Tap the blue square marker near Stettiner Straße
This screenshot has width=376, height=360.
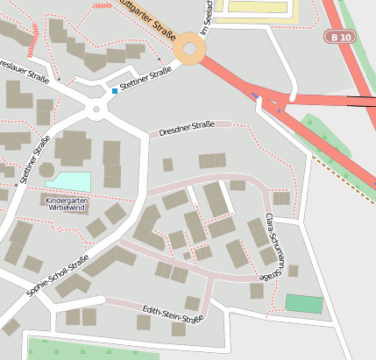click(x=114, y=91)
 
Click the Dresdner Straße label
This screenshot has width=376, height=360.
click(x=187, y=129)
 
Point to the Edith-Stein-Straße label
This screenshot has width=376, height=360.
click(x=173, y=313)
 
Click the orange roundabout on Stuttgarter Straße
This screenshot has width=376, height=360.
click(x=189, y=49)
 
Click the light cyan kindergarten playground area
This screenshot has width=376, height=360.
click(x=68, y=181)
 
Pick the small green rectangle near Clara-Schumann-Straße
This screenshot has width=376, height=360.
click(x=303, y=304)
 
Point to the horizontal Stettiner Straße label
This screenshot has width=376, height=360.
click(x=145, y=81)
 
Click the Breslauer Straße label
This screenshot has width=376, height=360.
click(x=19, y=69)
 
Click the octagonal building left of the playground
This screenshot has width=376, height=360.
click(x=46, y=167)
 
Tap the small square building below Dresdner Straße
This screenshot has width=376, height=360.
click(x=167, y=164)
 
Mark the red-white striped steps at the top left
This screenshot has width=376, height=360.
click(x=34, y=40)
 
